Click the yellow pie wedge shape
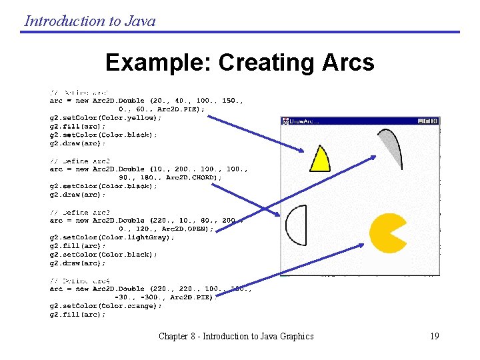tap(320, 160)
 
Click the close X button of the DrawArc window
tap(435, 121)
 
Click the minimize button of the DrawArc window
tap(421, 121)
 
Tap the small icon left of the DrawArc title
tap(285, 121)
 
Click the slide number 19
tap(434, 336)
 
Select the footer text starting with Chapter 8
tap(236, 336)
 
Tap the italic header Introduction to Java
tap(90, 21)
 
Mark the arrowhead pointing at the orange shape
tap(360, 245)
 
